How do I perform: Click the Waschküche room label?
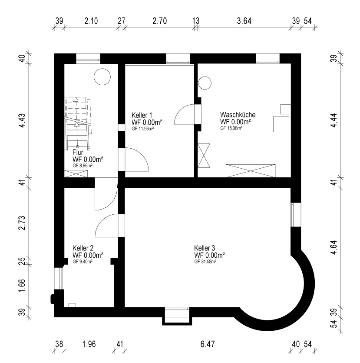point(238,115)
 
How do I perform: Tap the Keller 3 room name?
point(205,248)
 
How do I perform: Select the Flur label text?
point(78,152)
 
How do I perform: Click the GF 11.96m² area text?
point(143,129)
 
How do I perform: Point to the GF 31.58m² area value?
point(205,262)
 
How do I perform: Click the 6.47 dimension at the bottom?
point(208,344)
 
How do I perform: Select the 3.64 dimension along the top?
point(244,21)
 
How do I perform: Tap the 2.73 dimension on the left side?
point(22,223)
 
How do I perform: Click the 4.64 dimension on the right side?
point(334,247)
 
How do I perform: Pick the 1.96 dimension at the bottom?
point(89,344)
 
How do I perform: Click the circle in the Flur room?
point(102,77)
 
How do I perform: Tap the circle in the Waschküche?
point(205,83)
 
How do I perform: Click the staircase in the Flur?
point(77,123)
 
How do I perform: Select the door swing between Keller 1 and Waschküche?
point(184,114)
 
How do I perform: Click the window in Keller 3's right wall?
point(296,215)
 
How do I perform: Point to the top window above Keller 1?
point(178,59)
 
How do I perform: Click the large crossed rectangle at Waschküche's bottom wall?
point(251,171)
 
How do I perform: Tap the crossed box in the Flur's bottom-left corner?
point(76,174)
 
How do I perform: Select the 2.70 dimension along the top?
point(159,21)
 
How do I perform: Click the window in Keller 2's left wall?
point(59,278)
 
